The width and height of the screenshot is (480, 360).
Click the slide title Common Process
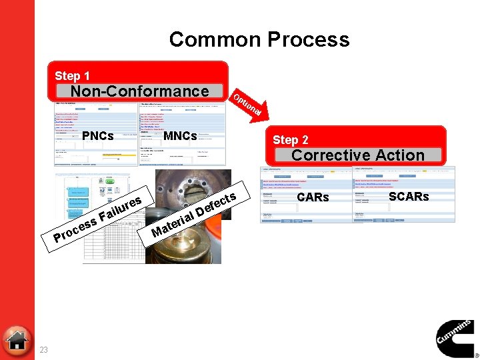[259, 39]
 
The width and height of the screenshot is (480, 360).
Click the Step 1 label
[72, 76]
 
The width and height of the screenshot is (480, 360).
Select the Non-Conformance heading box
[139, 91]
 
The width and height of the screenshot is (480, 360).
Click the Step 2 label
[290, 140]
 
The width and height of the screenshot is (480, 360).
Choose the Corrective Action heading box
[357, 155]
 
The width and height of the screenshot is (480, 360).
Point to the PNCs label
[97, 136]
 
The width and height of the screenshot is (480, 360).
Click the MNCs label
[180, 136]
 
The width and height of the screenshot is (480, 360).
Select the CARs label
[313, 197]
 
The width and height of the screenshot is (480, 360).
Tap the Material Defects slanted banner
[194, 213]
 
